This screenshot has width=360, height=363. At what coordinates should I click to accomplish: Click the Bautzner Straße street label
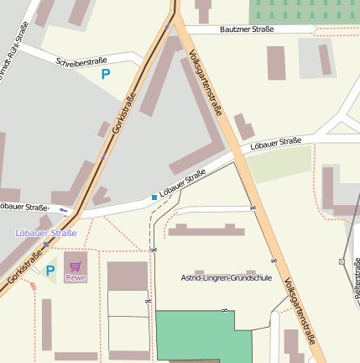[x=247, y=29]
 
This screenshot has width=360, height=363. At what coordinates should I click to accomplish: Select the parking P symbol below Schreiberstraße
[x=106, y=74]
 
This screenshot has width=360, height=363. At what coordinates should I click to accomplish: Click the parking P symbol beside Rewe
[x=50, y=271]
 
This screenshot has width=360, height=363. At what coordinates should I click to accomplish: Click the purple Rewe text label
[x=76, y=277]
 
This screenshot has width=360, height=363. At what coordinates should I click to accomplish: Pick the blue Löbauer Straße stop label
[x=46, y=233]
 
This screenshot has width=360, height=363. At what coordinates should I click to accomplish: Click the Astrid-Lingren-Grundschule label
[x=227, y=277]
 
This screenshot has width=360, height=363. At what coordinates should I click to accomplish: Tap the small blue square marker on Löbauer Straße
[x=154, y=197]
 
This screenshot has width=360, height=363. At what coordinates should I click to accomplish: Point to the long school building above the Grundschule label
[x=206, y=230]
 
